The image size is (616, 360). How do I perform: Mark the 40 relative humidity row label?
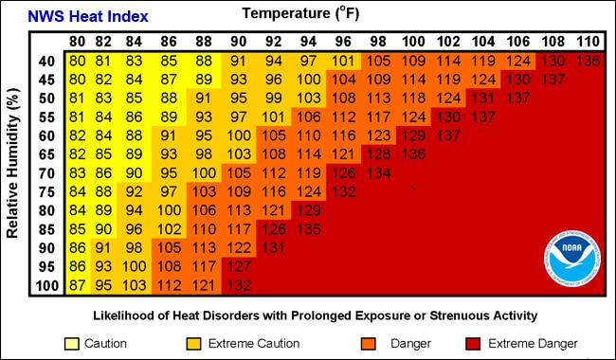(x=46, y=60)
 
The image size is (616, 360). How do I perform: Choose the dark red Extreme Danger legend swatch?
(x=475, y=343)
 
